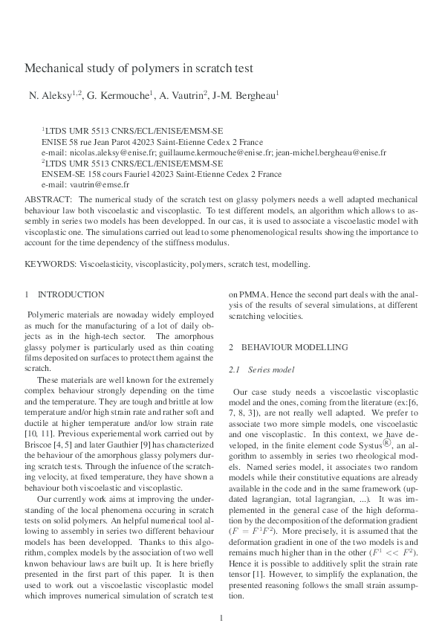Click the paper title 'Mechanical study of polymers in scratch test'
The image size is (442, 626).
click(139, 68)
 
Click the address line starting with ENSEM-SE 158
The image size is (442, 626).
click(161, 173)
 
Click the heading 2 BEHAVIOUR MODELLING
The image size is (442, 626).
click(288, 347)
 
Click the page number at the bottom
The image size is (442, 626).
click(221, 597)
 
